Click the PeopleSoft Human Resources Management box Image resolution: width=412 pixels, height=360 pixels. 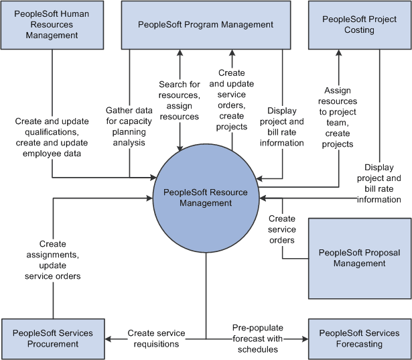coord(52,25)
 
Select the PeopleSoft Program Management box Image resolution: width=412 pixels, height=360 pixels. coord(206,25)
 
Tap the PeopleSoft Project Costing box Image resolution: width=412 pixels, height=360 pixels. coord(360,25)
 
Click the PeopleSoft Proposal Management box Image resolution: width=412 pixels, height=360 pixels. coord(360,258)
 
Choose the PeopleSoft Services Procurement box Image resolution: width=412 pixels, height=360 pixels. coord(52,339)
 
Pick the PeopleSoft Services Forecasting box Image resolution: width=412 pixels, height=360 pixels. coord(360,339)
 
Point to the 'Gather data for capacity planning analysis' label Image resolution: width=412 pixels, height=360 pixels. coord(129,126)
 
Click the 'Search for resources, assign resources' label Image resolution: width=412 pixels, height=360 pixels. coord(179,101)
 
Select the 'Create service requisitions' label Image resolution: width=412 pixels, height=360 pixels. coord(153,339)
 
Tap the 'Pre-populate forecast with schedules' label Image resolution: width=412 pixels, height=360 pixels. coord(258,339)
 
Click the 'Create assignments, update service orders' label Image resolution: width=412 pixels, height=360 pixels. coord(52,260)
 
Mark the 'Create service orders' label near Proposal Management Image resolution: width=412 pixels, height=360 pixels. coord(282,229)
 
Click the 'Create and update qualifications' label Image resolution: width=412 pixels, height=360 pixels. coord(52,137)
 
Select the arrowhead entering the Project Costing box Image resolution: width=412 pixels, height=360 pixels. coord(338,54)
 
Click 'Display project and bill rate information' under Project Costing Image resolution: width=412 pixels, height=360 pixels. coord(383,183)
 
